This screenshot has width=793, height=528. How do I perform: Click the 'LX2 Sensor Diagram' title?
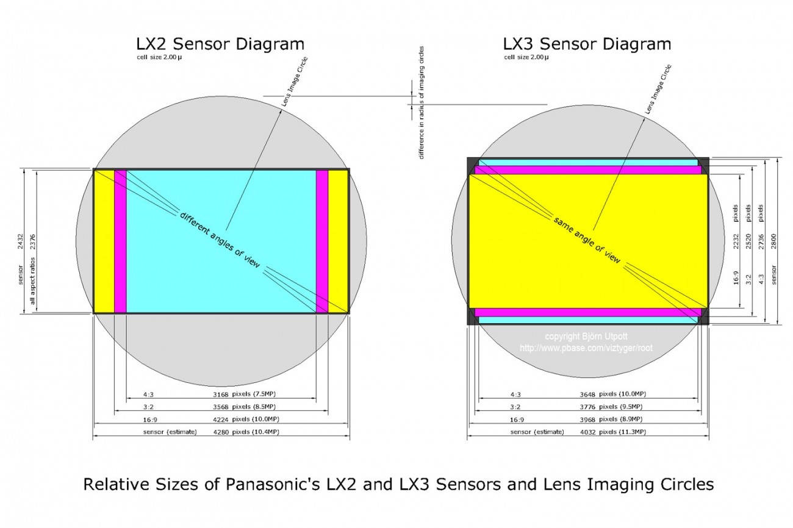click(220, 45)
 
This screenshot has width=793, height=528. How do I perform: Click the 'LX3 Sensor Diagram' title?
click(587, 45)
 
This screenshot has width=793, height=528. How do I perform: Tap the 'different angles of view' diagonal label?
click(220, 240)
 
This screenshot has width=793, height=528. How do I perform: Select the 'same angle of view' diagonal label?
click(587, 240)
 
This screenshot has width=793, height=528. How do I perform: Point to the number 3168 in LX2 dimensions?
click(221, 394)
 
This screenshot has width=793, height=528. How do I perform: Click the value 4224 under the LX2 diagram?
click(221, 419)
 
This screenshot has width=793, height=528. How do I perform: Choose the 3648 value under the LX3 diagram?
click(587, 394)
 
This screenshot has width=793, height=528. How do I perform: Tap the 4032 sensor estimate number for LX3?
click(587, 432)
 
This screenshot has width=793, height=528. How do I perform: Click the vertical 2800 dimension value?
click(773, 241)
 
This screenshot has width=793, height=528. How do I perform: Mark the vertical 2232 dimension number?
click(736, 241)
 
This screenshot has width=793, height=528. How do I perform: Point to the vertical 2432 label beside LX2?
click(20, 241)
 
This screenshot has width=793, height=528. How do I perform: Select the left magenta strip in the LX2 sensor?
click(120, 241)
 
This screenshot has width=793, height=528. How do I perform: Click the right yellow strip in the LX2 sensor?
click(338, 241)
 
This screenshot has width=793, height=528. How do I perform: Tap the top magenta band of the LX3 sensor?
click(588, 170)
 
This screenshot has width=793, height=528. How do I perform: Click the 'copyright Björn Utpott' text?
click(586, 336)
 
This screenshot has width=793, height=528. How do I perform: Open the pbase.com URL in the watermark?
click(586, 348)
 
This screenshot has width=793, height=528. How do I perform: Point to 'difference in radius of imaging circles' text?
click(422, 102)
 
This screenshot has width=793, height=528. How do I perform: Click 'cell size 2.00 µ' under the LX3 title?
click(526, 57)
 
